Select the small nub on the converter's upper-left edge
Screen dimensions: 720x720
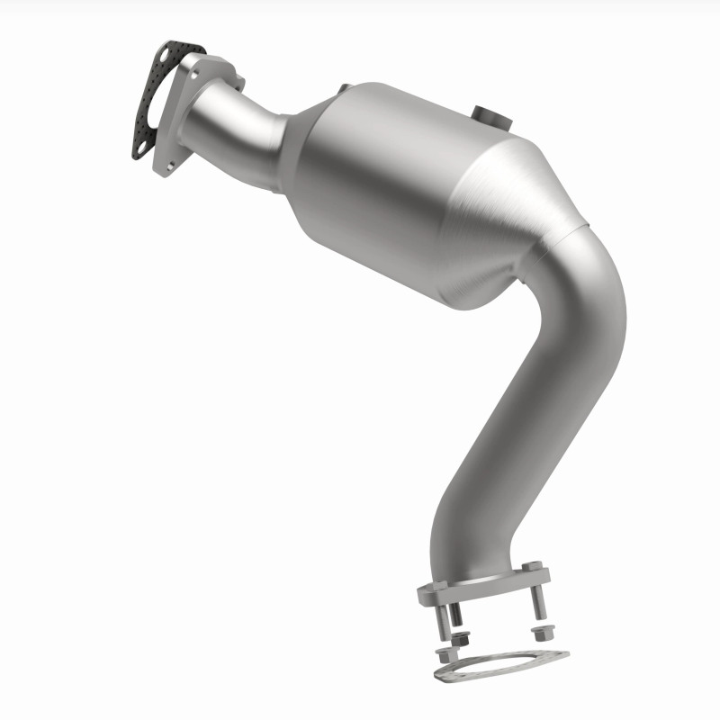[x=343, y=87]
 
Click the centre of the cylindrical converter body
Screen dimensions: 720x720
[x=378, y=189]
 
